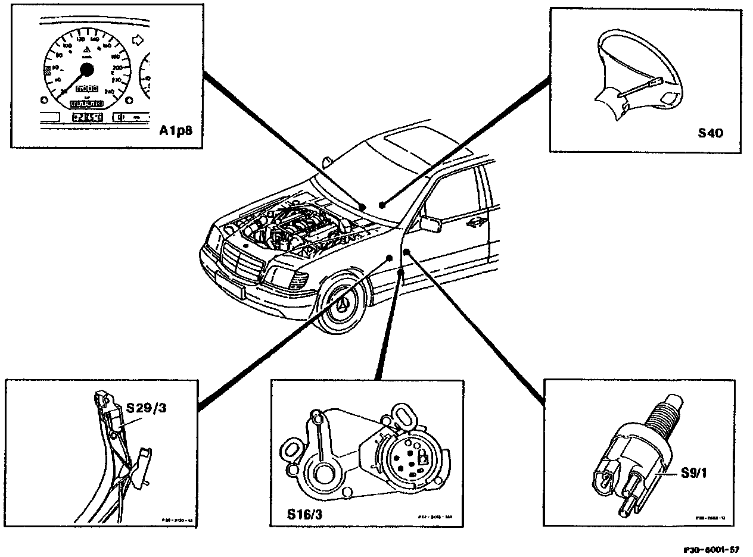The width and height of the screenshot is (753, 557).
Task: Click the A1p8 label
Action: [176, 130]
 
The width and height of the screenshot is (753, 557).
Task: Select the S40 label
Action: [710, 133]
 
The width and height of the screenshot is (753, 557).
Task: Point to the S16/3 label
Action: [303, 514]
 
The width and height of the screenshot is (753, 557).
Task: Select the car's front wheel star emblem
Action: [343, 305]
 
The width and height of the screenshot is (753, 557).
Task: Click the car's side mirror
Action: [429, 224]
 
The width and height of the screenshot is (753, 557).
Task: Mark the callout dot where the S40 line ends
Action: [382, 205]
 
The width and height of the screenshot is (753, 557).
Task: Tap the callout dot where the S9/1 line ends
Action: [406, 253]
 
